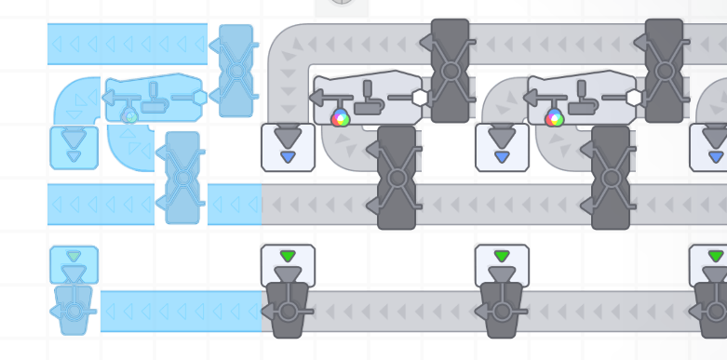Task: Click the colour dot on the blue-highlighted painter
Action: tap(131, 116)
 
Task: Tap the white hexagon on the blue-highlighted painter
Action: tap(200, 97)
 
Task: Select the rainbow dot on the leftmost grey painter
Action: tap(341, 117)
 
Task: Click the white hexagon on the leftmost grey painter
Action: tap(420, 97)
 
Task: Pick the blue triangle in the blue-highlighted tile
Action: tap(74, 156)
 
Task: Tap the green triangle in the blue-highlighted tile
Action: tap(74, 256)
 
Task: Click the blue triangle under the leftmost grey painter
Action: tap(288, 156)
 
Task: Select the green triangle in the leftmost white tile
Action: tap(288, 256)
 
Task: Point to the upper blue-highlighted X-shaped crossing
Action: tap(236, 71)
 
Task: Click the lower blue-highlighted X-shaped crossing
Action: tap(182, 177)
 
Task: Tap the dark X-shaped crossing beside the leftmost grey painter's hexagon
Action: tap(451, 71)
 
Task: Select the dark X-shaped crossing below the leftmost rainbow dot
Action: tap(397, 177)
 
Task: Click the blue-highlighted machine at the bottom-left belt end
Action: tap(74, 310)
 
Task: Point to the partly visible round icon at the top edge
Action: tap(342, 5)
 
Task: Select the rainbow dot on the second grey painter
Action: tap(555, 117)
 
